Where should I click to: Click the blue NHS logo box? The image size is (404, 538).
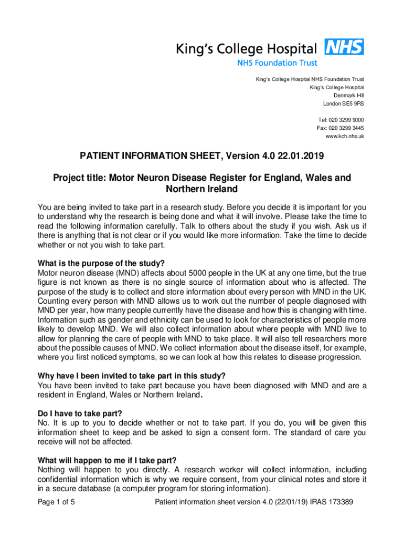pos(344,47)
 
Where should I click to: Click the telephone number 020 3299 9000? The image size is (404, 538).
pos(346,120)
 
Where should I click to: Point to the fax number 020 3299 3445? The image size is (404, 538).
pos(346,128)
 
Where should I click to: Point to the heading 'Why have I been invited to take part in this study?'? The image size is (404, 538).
pos(132,376)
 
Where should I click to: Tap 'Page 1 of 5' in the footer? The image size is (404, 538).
pos(57,502)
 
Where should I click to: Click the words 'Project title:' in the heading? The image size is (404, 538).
pos(79,178)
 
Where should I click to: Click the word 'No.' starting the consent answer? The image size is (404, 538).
pos(44,423)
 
